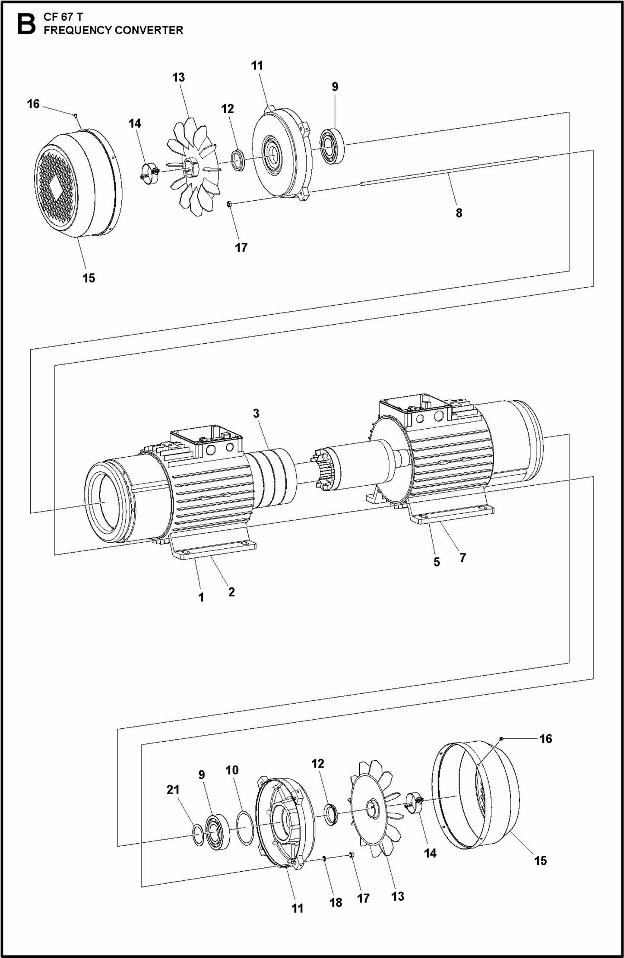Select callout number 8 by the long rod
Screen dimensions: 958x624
tap(459, 213)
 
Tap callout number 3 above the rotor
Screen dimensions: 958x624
tap(256, 413)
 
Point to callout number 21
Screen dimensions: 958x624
tap(173, 789)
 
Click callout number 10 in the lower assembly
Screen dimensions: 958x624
tap(231, 770)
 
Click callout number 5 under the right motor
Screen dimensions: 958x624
tap(437, 562)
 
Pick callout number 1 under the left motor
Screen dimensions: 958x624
tap(201, 598)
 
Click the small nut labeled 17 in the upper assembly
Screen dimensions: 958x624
tap(230, 203)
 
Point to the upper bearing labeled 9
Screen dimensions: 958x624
tap(332, 146)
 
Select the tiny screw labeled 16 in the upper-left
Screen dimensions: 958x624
tap(76, 115)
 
